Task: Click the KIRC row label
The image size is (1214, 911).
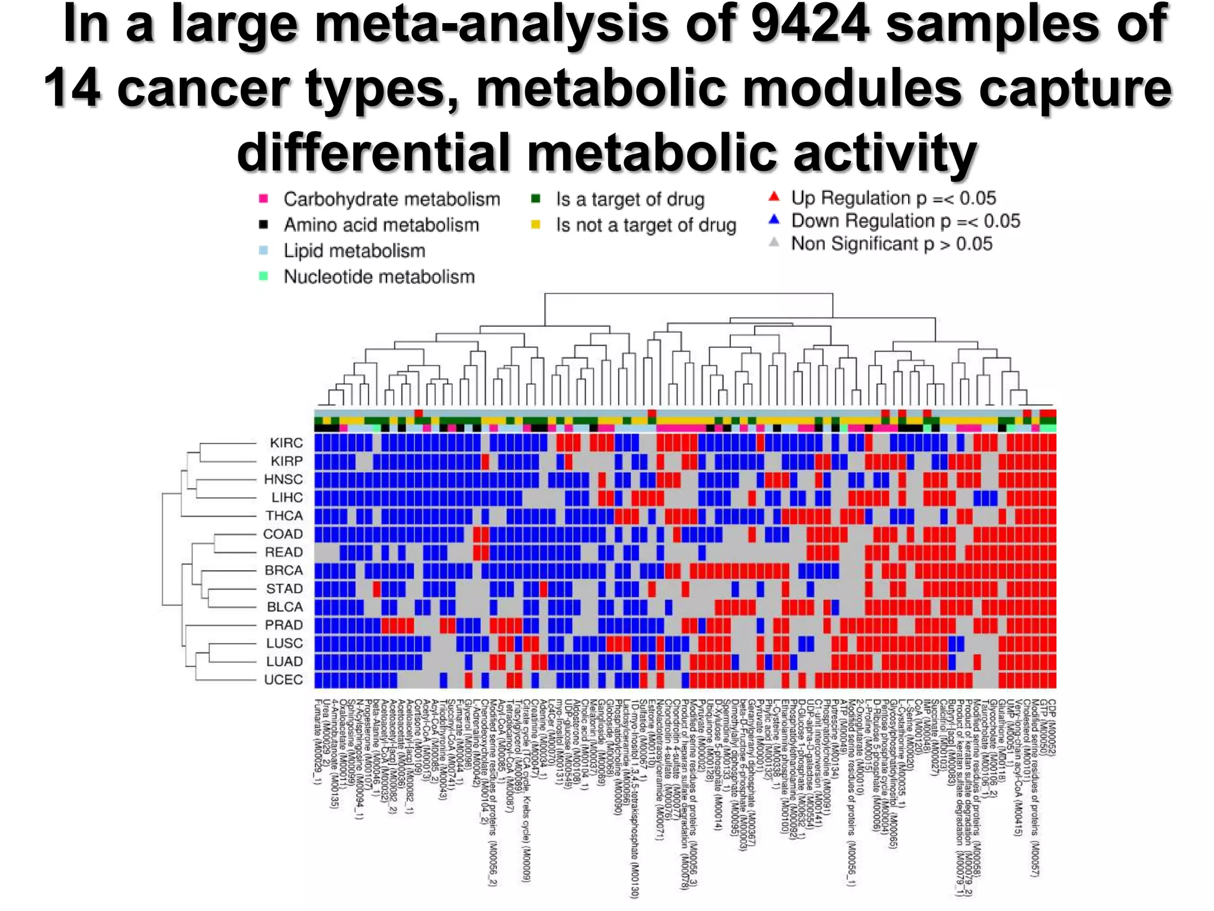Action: tap(286, 443)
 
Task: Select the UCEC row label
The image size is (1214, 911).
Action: tap(283, 680)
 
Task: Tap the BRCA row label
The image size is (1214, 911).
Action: tap(284, 571)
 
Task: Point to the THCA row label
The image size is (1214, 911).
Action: tap(284, 516)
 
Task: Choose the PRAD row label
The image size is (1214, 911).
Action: tap(284, 625)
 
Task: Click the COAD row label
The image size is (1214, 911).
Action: tap(283, 534)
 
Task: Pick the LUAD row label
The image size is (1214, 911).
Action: tap(285, 661)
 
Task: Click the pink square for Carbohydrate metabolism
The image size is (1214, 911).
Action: tap(264, 199)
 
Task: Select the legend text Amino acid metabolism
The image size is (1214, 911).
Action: tap(381, 225)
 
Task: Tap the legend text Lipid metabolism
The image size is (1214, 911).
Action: tap(354, 251)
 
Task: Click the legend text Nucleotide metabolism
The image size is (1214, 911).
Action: tap(379, 277)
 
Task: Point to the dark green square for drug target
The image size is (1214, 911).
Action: tap(536, 199)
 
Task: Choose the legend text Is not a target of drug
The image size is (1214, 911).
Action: tap(646, 225)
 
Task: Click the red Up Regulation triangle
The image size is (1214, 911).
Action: tap(774, 196)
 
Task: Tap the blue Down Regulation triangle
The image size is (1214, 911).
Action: tap(774, 219)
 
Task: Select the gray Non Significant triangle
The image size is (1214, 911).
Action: tap(774, 242)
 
